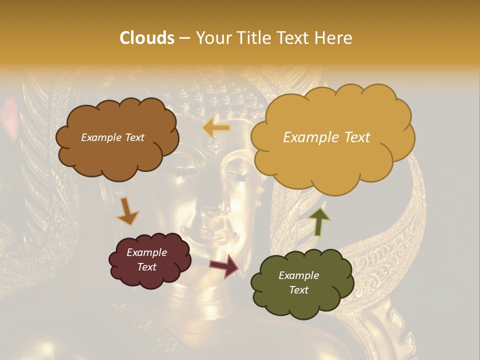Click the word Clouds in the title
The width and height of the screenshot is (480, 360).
tap(147, 38)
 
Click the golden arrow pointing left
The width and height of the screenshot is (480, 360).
tap(216, 128)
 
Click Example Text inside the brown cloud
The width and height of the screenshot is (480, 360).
tap(112, 137)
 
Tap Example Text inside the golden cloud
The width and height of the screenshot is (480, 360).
tap(326, 137)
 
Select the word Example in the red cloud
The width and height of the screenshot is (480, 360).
tap(146, 252)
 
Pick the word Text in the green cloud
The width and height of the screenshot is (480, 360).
tap(298, 290)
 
